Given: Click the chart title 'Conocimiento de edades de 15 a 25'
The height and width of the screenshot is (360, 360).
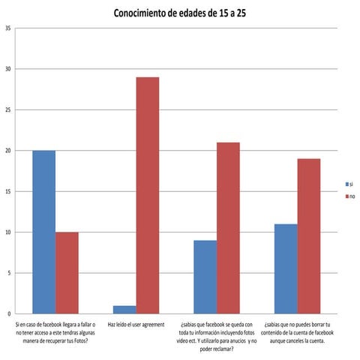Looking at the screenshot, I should [x=179, y=13].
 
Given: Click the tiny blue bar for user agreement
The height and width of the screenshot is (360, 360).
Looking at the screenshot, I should [x=124, y=309].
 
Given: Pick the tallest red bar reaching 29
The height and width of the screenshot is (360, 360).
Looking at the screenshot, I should [x=147, y=195].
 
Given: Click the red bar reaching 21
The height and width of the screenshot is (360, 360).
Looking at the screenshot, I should [x=228, y=228].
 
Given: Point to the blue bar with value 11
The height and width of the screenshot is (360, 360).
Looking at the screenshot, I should [x=286, y=268].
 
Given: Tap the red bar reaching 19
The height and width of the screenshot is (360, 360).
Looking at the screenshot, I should [x=309, y=236].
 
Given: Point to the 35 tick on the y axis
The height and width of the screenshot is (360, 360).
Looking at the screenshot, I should [x=7, y=28].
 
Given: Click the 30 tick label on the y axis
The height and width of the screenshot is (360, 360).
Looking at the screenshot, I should [x=7, y=69].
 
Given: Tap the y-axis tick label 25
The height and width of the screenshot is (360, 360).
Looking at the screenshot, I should [x=7, y=110].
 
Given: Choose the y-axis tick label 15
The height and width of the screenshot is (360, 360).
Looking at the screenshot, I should [x=7, y=191].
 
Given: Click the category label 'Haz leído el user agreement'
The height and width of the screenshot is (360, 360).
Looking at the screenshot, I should [x=136, y=324].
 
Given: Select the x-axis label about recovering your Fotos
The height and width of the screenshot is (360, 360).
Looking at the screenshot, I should [x=55, y=331].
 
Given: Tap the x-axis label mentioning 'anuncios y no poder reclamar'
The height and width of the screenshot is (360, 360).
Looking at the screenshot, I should [x=217, y=337].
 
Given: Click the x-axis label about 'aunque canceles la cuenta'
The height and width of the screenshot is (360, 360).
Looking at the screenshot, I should [x=298, y=331].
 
